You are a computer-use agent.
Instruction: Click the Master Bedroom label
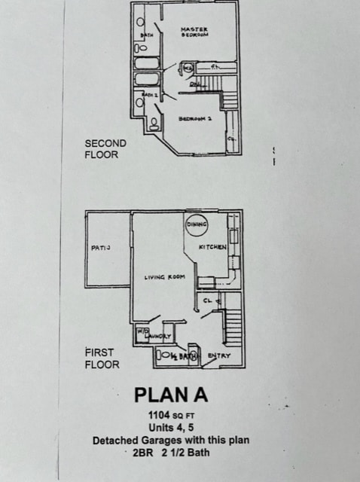pyautogui.click(x=194, y=32)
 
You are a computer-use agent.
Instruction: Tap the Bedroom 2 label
pyautogui.click(x=195, y=119)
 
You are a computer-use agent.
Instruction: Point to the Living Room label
pyautogui.click(x=165, y=277)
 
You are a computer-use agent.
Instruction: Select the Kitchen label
pyautogui.click(x=212, y=247)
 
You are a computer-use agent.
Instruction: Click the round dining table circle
pyautogui.click(x=196, y=224)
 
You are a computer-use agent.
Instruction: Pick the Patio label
pyautogui.click(x=102, y=247)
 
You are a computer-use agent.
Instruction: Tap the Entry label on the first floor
pyautogui.click(x=219, y=355)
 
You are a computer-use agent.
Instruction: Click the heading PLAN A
pyautogui.click(x=170, y=395)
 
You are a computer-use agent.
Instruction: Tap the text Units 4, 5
pyautogui.click(x=170, y=428)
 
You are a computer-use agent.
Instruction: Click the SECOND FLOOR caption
pyautogui.click(x=105, y=148)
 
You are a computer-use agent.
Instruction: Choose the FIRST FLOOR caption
pyautogui.click(x=102, y=358)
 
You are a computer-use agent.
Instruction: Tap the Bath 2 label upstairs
pyautogui.click(x=149, y=96)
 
